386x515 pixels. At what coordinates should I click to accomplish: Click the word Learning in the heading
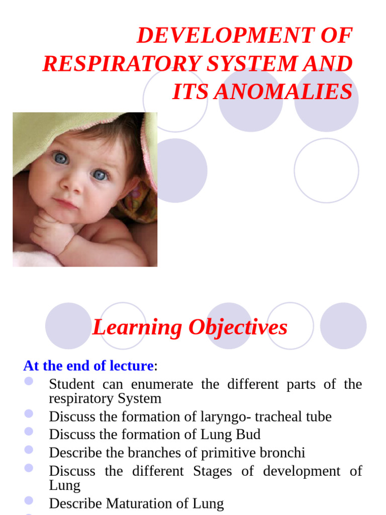pos(137,327)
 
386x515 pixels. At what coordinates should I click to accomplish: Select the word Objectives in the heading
pos(238,327)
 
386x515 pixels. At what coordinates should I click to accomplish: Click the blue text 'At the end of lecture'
pos(88,366)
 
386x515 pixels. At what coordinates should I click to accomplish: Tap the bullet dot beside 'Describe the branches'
pos(29,449)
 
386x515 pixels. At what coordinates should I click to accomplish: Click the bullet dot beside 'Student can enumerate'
pos(29,381)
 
